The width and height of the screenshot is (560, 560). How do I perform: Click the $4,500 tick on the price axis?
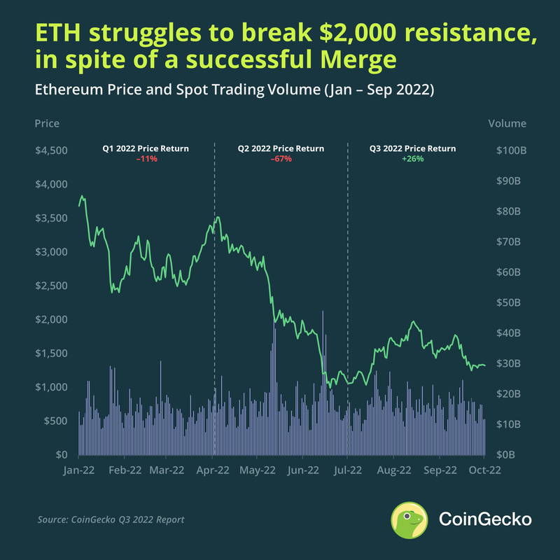(52, 150)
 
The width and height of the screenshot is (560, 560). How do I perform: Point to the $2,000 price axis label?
(52, 320)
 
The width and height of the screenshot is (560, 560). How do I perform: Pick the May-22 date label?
(258, 470)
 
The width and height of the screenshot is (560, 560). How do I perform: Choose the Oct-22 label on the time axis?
(482, 470)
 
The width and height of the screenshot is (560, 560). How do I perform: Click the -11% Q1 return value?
(146, 159)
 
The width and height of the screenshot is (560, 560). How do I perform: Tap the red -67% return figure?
(281, 159)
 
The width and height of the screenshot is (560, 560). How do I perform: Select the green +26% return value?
(412, 159)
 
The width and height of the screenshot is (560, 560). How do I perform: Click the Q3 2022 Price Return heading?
(412, 148)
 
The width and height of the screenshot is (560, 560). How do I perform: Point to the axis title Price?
(47, 123)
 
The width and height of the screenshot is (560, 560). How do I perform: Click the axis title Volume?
(507, 123)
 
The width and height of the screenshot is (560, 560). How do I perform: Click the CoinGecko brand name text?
(484, 519)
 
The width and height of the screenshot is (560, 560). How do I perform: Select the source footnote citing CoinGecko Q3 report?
(111, 519)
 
